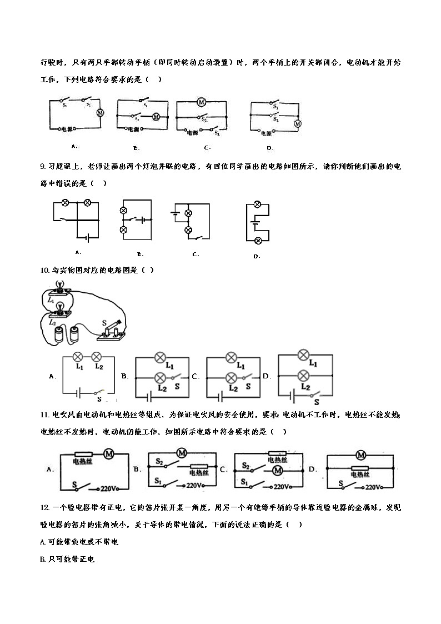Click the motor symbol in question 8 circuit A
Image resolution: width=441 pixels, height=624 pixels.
click(101, 112)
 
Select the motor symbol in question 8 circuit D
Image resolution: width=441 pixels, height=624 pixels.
click(298, 123)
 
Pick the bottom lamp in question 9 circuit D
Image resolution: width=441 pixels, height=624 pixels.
click(258, 240)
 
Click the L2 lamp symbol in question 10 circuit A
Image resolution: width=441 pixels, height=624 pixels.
click(96, 356)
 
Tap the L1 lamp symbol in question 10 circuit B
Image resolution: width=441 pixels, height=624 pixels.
click(161, 357)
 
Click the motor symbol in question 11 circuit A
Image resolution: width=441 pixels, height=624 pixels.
click(109, 454)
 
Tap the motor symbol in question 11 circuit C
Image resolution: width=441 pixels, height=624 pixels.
click(277, 471)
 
